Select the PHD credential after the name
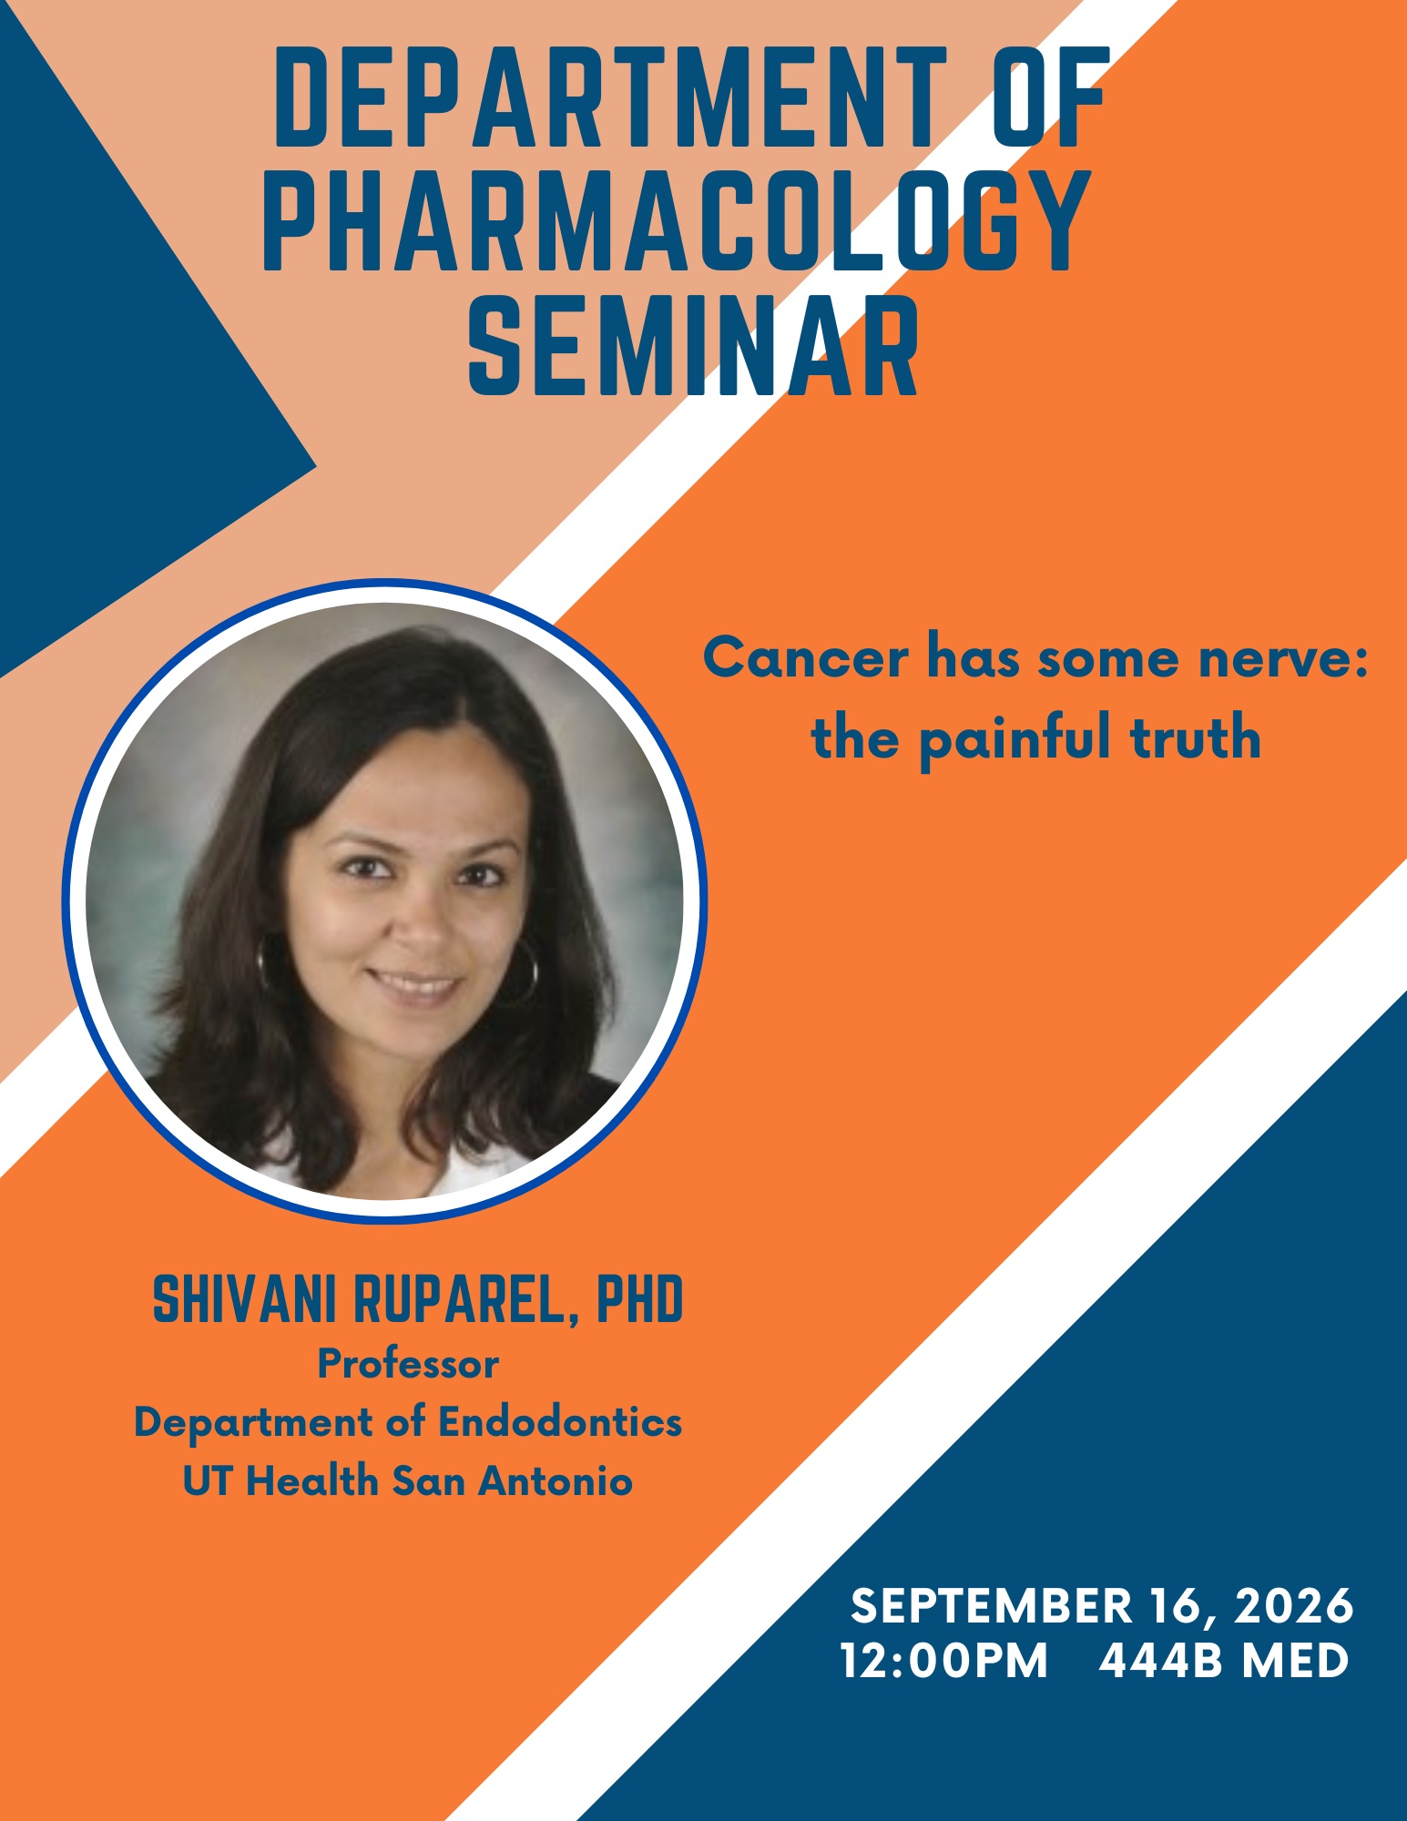pyautogui.click(x=639, y=1299)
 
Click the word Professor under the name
pyautogui.click(x=408, y=1365)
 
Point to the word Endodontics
pyautogui.click(x=561, y=1422)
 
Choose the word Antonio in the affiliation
pyautogui.click(x=556, y=1481)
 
